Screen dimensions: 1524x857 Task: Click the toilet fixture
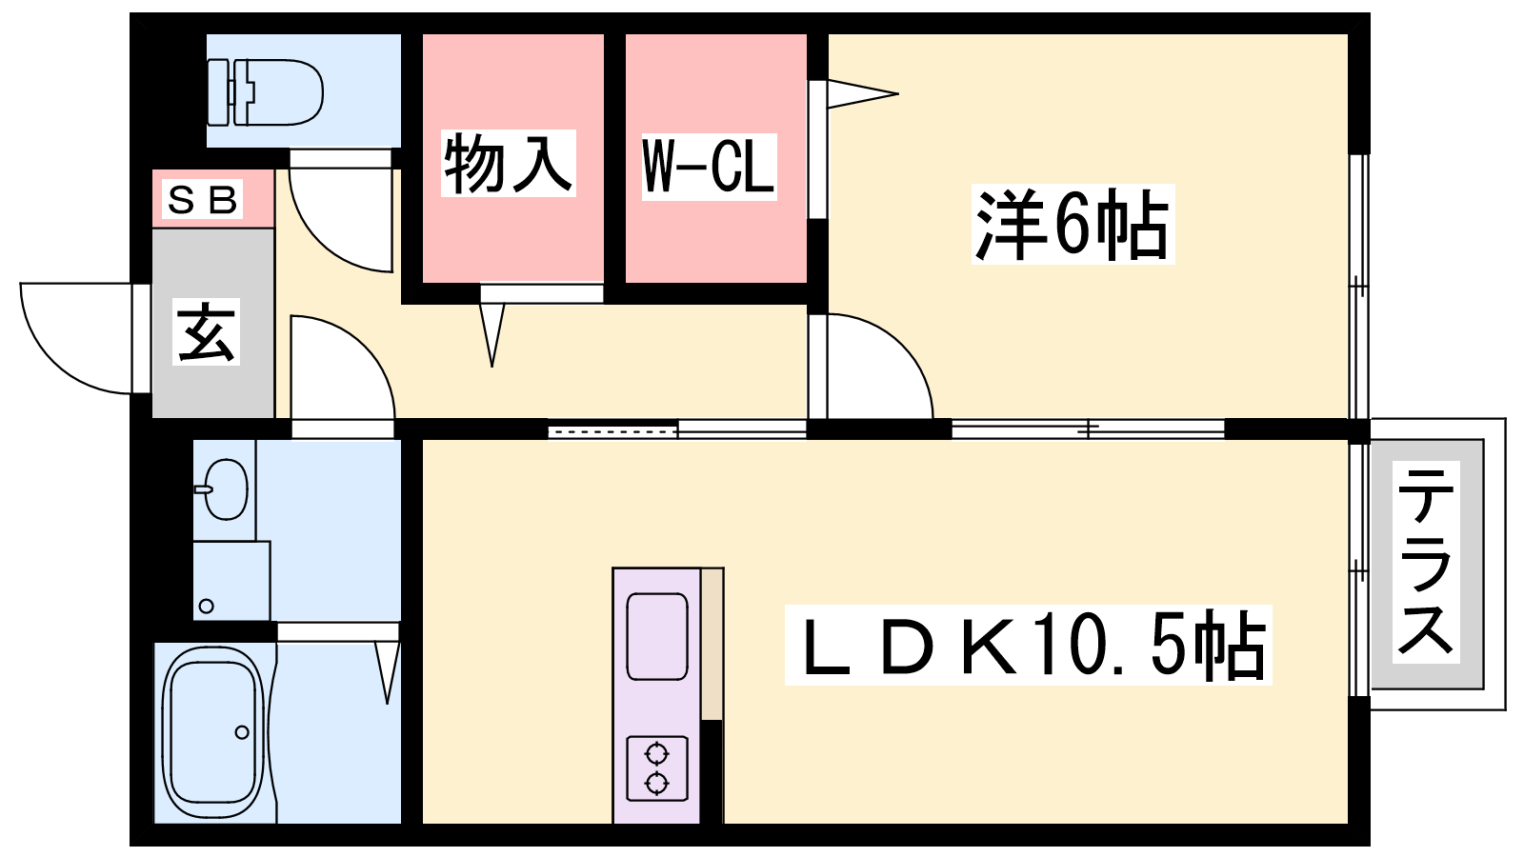click(265, 92)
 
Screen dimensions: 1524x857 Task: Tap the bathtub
click(213, 732)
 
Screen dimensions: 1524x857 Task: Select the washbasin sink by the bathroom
click(223, 489)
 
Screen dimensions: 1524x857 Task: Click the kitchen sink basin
click(656, 637)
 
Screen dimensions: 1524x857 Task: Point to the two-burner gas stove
click(656, 767)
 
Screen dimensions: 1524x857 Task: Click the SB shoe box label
click(202, 199)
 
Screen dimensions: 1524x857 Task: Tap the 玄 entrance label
click(206, 331)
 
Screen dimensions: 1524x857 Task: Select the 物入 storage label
click(509, 163)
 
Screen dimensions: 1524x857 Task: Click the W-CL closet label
click(709, 167)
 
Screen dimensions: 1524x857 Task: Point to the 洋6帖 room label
click(1073, 223)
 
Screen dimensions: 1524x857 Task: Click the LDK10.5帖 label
click(1028, 645)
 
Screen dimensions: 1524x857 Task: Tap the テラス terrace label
click(1426, 562)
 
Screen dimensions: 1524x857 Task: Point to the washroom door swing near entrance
click(343, 368)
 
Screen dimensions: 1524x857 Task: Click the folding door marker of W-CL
click(862, 94)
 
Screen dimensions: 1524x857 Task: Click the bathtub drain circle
click(242, 732)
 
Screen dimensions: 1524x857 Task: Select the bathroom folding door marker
click(387, 672)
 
